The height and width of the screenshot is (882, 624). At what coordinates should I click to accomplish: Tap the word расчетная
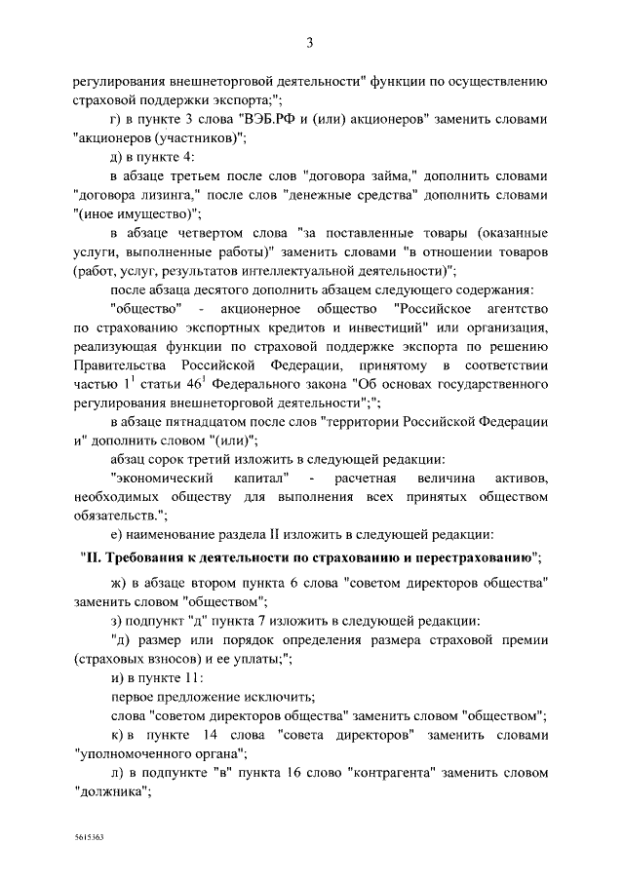click(x=368, y=479)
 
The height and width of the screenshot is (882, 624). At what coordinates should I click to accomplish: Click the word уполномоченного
click(x=160, y=753)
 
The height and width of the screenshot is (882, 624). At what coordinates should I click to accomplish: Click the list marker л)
click(x=117, y=773)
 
